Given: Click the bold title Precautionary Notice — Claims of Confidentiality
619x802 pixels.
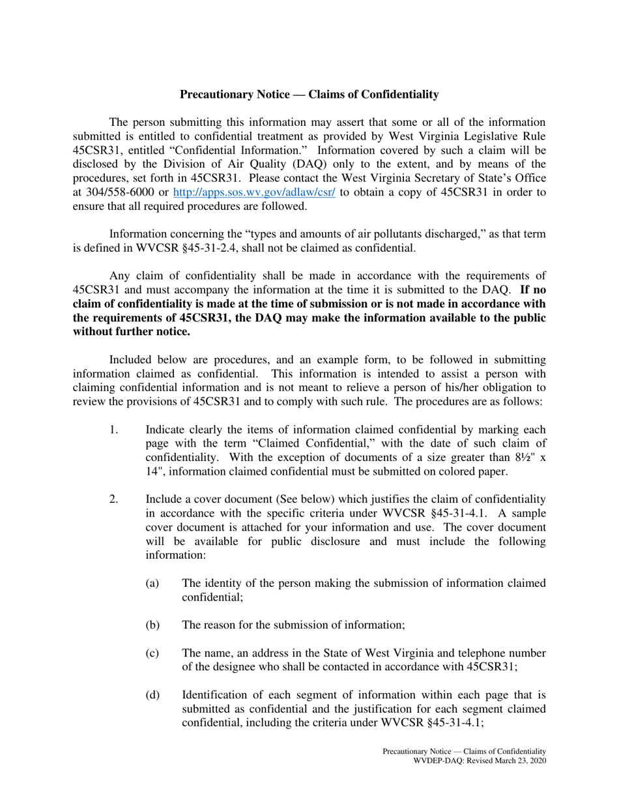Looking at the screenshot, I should click(309, 95).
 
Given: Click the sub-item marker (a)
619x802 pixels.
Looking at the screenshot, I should click(152, 582).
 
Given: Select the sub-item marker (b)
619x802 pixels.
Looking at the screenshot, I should click(152, 625).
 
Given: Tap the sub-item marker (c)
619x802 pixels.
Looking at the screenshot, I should click(152, 653).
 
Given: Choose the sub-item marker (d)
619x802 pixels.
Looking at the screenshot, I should click(152, 695).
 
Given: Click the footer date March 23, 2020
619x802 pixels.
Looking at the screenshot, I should click(522, 761).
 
